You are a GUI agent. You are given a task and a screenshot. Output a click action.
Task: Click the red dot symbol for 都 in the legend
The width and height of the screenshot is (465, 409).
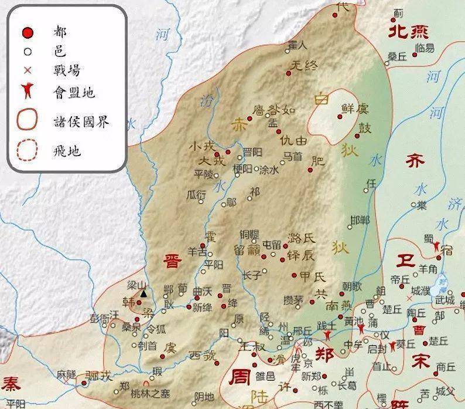point(27,32)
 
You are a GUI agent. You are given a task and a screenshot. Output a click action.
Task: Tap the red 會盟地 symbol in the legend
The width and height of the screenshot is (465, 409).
point(27,92)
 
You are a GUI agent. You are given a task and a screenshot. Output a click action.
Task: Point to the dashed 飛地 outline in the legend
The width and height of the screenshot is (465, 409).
point(27,151)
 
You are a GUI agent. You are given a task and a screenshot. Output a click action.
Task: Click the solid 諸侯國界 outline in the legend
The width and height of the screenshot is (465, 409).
point(27,121)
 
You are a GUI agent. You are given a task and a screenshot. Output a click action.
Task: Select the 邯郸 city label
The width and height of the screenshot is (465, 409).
point(360,220)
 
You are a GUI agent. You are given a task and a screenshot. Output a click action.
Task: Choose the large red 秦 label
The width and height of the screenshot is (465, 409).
point(11,384)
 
